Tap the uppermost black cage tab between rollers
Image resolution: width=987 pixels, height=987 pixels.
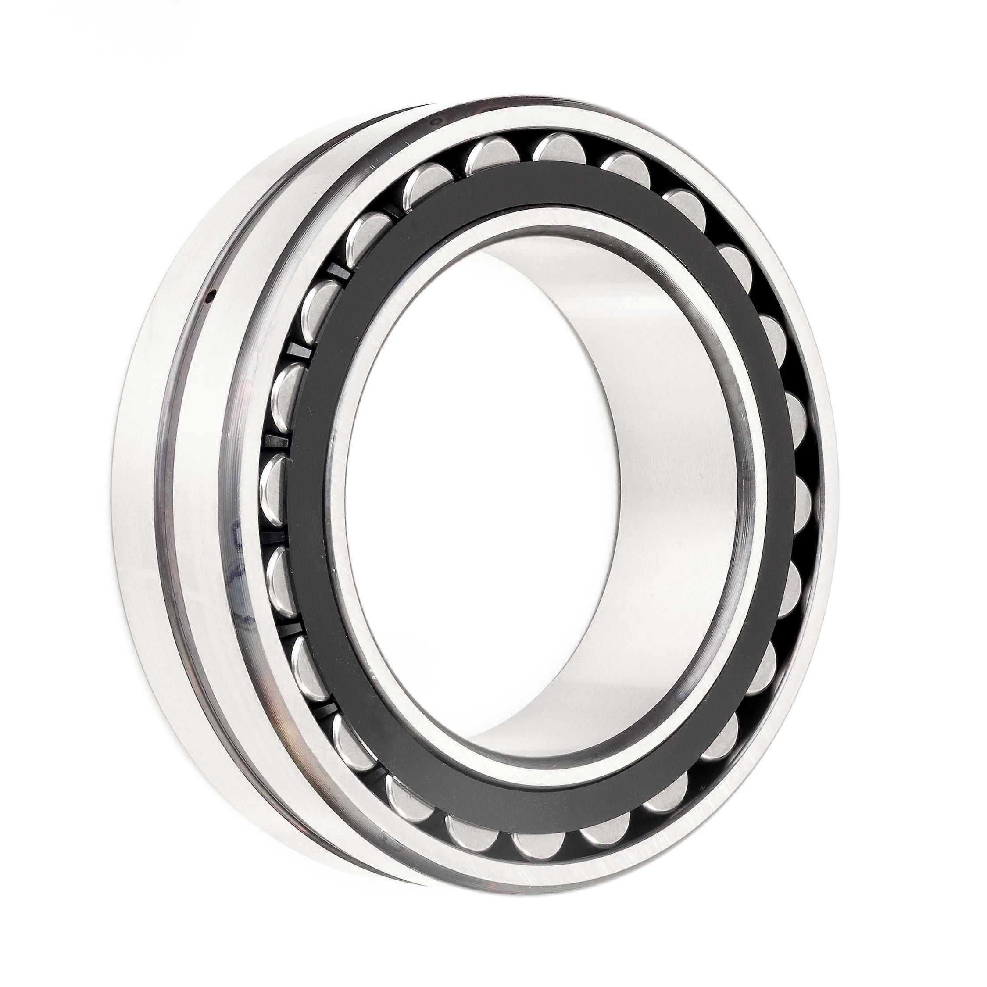click(335, 271)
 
